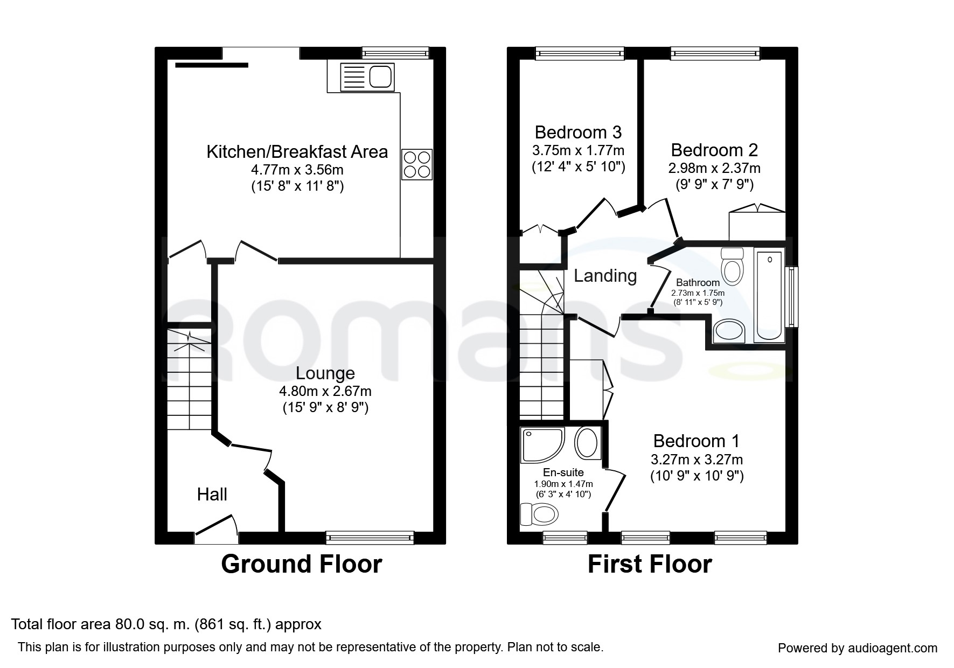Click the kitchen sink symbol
click(360, 76)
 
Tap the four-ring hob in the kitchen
click(417, 164)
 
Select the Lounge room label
click(325, 373)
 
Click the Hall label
click(212, 495)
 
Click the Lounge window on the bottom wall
click(370, 537)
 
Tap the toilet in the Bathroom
click(732, 266)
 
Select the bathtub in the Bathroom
click(769, 296)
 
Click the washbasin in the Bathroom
click(729, 330)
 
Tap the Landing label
click(605, 276)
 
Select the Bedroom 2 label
click(714, 150)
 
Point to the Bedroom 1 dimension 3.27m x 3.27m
click(697, 460)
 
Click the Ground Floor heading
click(301, 564)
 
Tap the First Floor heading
click(649, 564)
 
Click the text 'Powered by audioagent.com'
click(857, 648)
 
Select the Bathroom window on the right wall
click(792, 296)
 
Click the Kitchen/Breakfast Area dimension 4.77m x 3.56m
click(297, 170)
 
